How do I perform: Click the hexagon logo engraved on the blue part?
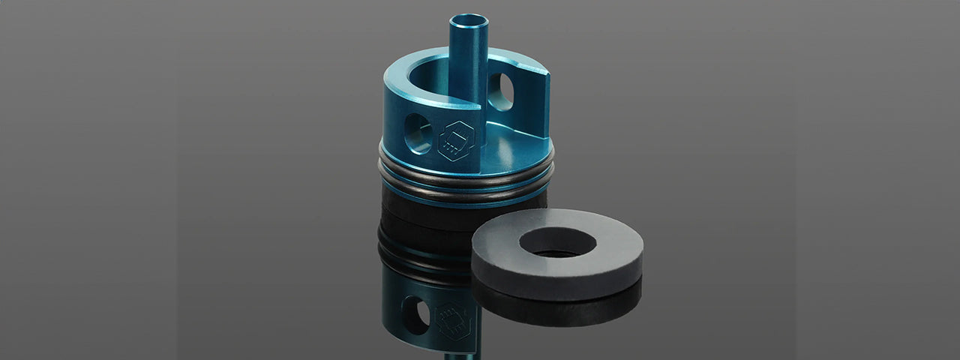[457, 139]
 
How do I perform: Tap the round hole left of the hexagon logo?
[418, 133]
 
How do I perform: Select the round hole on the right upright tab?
[500, 91]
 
